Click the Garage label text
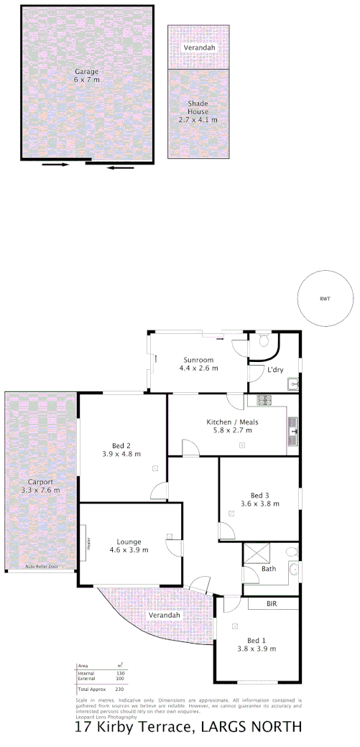86,72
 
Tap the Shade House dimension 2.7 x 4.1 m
198,119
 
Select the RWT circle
326,299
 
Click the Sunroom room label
198,358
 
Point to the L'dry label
274,371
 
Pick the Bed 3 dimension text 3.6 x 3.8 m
259,504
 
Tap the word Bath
268,570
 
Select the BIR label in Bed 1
272,604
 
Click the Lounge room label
129,542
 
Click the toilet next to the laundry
263,340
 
